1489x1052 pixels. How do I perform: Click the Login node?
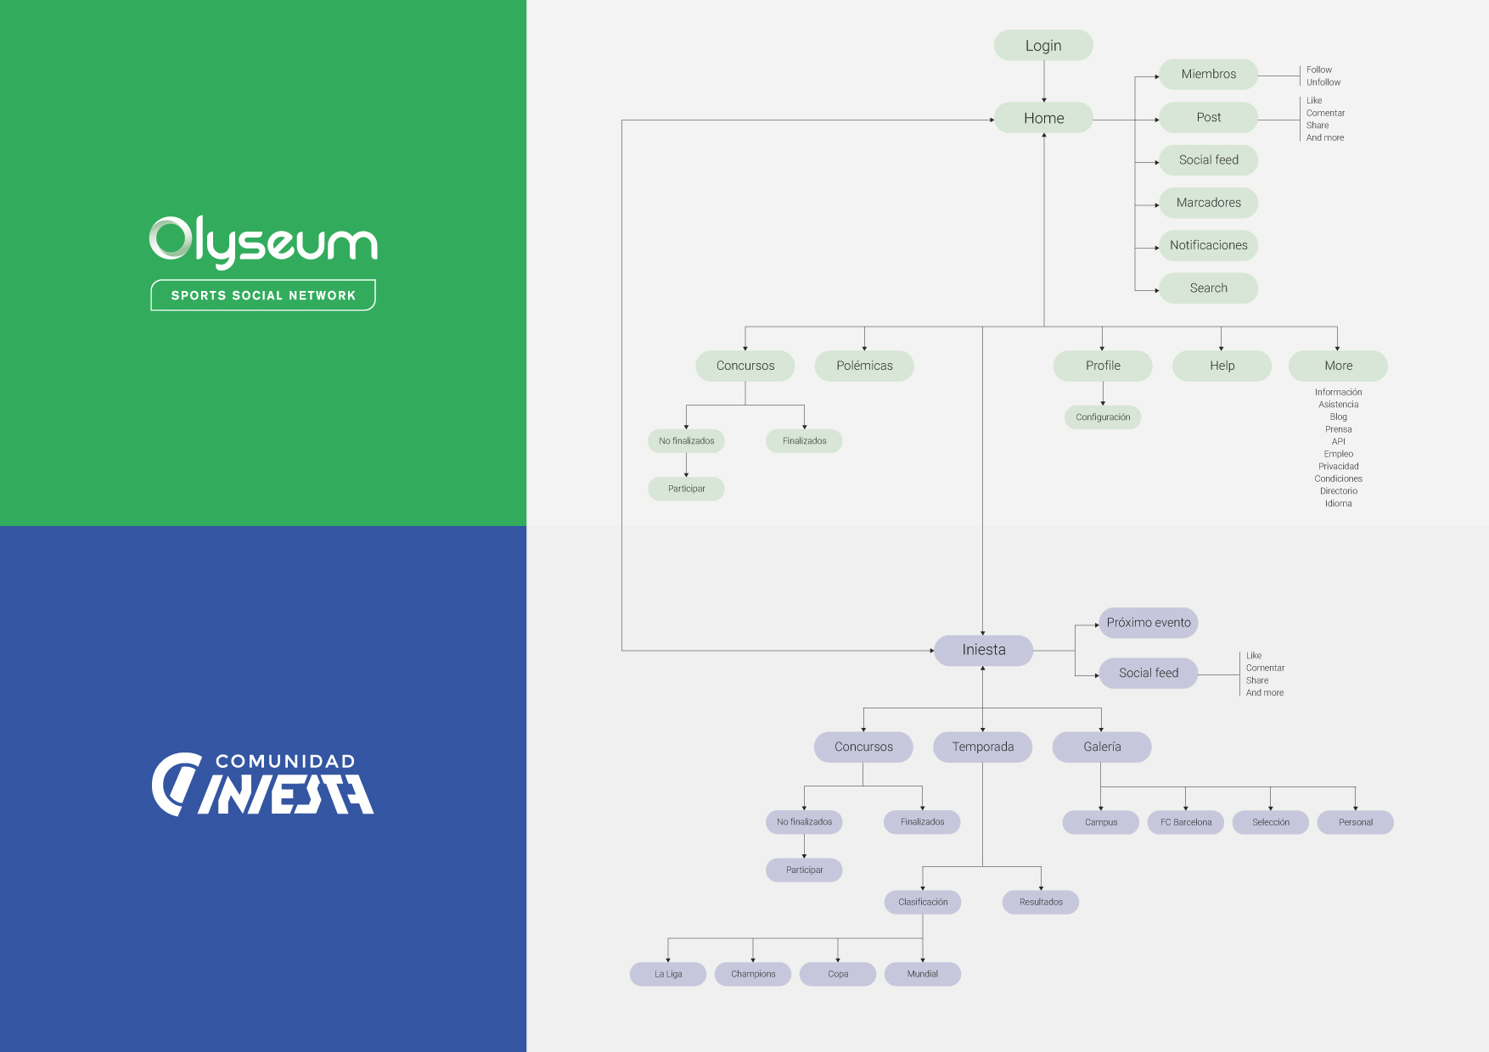coord(1043,46)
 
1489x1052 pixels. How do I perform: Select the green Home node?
coord(1043,118)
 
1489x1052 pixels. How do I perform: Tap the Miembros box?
coord(1209,74)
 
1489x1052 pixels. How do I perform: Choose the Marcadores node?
coord(1209,203)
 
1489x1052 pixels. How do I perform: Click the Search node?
coord(1209,288)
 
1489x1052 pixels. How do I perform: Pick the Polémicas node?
coord(864,366)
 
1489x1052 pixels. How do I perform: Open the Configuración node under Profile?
coord(1103,417)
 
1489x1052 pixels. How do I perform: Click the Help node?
coord(1222,366)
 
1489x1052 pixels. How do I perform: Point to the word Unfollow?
coord(1323,82)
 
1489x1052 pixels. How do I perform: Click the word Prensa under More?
coord(1339,429)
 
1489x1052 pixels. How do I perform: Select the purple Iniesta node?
coord(984,650)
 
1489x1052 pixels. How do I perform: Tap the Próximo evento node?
coord(1149,623)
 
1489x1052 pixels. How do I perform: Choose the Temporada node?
coord(983,747)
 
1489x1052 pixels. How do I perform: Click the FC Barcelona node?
coord(1186,822)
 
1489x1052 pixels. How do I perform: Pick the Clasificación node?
coord(923,902)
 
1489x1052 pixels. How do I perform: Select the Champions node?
coord(753,974)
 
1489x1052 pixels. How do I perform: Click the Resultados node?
coord(1041,902)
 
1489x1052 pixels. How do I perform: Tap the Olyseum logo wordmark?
coord(263,242)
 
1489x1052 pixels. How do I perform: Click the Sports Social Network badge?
coord(263,295)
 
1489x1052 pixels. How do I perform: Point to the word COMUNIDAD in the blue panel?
coord(285,762)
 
